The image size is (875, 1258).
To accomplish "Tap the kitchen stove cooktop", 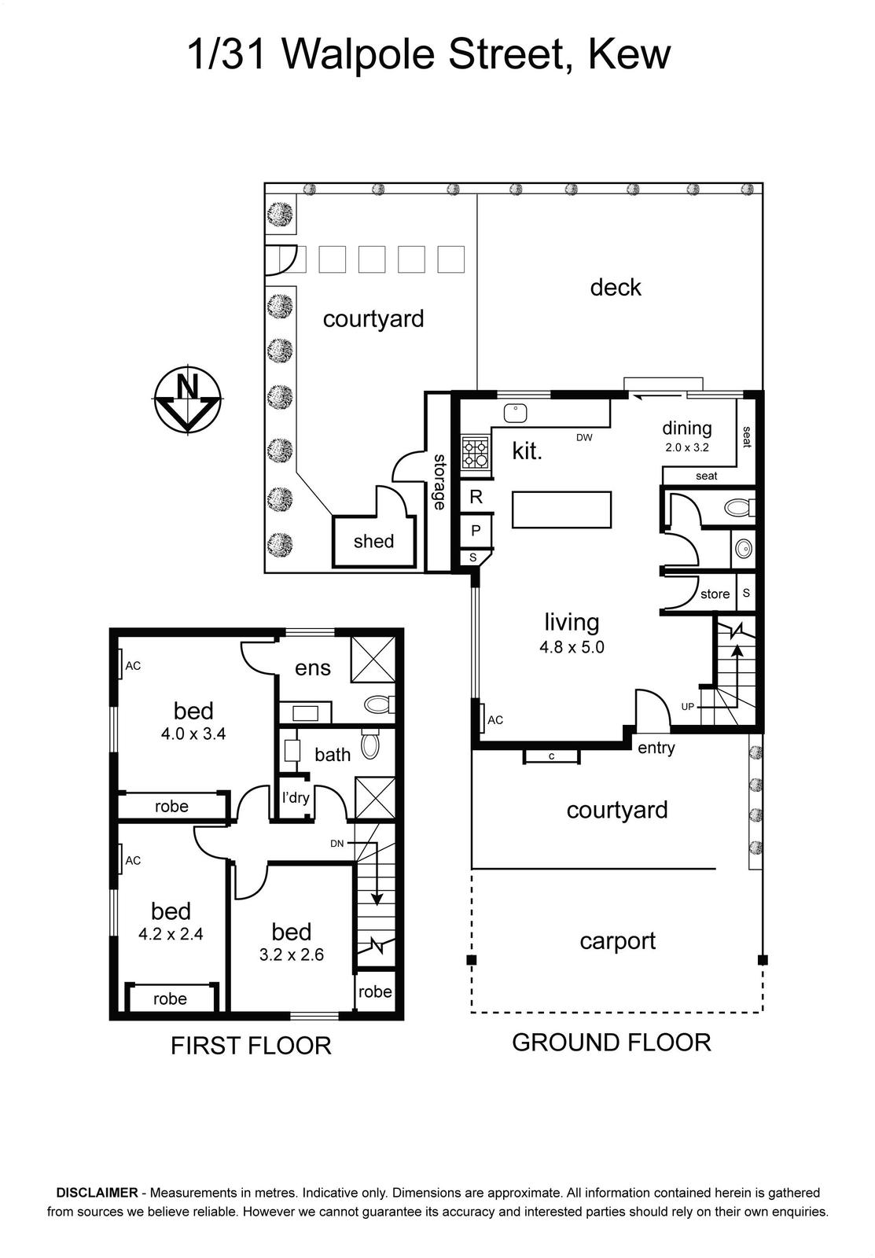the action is [476, 453].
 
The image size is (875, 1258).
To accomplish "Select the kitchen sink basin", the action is [514, 414].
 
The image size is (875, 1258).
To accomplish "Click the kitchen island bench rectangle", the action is [561, 509].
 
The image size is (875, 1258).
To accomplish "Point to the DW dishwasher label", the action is [584, 437].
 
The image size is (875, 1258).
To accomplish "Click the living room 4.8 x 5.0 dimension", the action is [572, 648].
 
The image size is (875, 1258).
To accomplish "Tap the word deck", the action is [616, 288].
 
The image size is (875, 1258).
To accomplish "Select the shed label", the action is [373, 542].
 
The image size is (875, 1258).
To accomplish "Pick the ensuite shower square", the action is [373, 660].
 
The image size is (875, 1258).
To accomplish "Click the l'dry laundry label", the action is [296, 797].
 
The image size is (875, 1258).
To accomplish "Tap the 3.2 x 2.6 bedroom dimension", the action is [292, 955].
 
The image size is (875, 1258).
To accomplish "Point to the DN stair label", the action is [337, 843].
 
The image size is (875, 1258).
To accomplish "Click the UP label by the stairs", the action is [687, 707].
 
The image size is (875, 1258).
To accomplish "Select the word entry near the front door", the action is [656, 748].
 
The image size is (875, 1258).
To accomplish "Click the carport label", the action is [618, 941].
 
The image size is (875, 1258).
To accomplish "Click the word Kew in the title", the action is [630, 54].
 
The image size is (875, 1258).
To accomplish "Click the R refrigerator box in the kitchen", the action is [476, 496].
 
